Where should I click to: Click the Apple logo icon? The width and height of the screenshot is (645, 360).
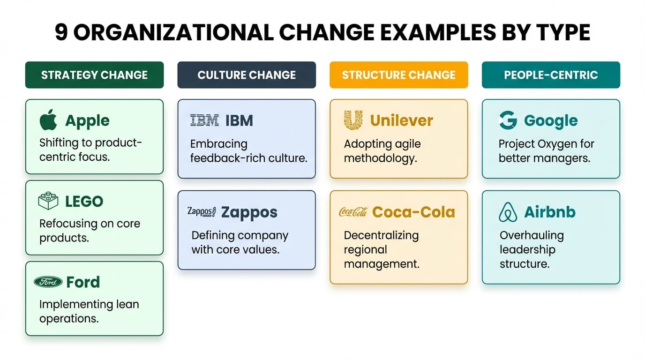tap(48, 120)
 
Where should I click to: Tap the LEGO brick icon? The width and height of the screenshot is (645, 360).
tap(48, 201)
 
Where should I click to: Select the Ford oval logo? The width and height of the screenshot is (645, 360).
tap(48, 282)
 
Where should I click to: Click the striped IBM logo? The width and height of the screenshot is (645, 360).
tap(204, 120)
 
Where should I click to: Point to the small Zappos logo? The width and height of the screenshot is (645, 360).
tap(201, 211)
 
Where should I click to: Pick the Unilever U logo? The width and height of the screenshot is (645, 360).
tap(353, 120)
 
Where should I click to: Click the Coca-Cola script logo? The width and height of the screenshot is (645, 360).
tap(353, 212)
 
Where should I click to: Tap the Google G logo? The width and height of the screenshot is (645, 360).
tap(508, 120)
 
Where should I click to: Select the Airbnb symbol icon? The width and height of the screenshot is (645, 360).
tap(508, 212)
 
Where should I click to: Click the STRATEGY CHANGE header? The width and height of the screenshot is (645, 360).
tap(94, 75)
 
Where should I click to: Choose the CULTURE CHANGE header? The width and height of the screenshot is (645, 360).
tap(247, 75)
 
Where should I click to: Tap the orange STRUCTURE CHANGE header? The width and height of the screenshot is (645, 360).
tap(398, 75)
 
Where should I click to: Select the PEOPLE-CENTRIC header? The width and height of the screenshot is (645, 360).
tap(551, 75)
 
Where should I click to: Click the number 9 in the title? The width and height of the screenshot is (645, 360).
tap(61, 33)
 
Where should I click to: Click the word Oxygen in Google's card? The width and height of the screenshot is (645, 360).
tap(553, 143)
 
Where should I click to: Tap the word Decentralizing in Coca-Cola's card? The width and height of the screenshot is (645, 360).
tap(381, 235)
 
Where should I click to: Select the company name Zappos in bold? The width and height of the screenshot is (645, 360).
tap(249, 212)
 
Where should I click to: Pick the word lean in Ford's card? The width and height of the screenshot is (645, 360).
tap(127, 304)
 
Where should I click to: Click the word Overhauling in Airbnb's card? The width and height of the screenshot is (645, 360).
tap(532, 235)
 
